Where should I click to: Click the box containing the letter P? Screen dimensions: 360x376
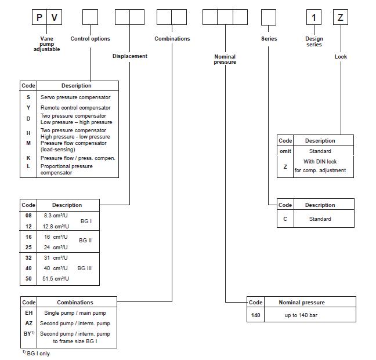[x=39, y=17]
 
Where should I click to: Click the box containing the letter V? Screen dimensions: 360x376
[x=54, y=17]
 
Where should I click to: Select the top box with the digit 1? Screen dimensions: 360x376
[x=314, y=17]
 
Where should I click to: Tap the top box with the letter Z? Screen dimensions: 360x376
[x=341, y=17]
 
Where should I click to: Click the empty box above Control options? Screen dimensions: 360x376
[x=90, y=17]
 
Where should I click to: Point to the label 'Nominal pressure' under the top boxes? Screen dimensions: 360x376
[x=225, y=59]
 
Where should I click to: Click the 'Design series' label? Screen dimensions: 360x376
[x=314, y=42]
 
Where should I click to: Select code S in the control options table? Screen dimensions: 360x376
[x=28, y=97]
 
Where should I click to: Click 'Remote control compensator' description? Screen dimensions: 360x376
[x=75, y=108]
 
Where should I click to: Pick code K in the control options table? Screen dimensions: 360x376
[x=28, y=158]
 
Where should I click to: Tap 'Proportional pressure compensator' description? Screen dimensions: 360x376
[x=67, y=169]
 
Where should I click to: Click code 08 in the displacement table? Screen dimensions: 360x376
[x=28, y=216]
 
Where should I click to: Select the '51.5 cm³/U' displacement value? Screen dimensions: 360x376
[x=56, y=279]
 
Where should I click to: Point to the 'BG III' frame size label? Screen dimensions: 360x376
[x=85, y=268]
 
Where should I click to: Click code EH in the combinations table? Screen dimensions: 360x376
[x=28, y=313]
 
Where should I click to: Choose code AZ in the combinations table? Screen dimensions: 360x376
[x=28, y=323]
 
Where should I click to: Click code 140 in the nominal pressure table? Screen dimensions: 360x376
[x=255, y=317]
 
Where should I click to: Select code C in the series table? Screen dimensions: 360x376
[x=285, y=219]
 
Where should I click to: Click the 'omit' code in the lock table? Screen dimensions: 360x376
[x=285, y=151]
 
